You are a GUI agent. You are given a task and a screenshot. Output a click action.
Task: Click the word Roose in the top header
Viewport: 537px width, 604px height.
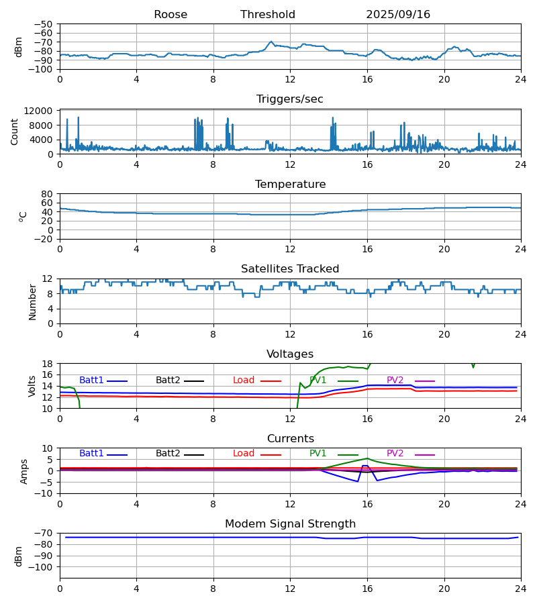pos(170,15)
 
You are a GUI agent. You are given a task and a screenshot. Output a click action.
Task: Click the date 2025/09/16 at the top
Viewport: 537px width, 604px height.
pos(398,15)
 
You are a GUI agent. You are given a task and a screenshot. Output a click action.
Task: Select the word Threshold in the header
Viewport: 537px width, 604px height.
pos(268,15)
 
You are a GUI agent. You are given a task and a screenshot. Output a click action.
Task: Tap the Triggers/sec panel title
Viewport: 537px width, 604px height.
pos(290,99)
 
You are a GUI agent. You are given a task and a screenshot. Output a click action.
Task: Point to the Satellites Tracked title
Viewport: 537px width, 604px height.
pos(290,269)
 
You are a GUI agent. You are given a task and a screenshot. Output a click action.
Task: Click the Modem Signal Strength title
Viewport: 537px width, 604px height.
pos(290,524)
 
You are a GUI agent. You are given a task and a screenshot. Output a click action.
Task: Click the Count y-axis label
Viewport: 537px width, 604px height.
pos(15,132)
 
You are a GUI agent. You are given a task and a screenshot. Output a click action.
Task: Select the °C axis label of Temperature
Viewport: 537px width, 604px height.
pos(23,216)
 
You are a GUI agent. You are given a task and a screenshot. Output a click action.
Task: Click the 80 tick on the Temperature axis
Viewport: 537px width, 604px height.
pos(47,194)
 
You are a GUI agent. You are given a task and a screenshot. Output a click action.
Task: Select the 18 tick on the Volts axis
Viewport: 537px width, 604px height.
pos(47,364)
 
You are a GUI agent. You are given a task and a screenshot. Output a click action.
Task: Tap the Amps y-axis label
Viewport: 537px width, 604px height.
pos(24,471)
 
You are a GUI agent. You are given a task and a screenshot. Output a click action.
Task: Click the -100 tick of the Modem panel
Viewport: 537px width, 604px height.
pos(40,567)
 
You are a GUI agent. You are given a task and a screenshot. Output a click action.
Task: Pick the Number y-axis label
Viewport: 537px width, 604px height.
pos(33,301)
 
